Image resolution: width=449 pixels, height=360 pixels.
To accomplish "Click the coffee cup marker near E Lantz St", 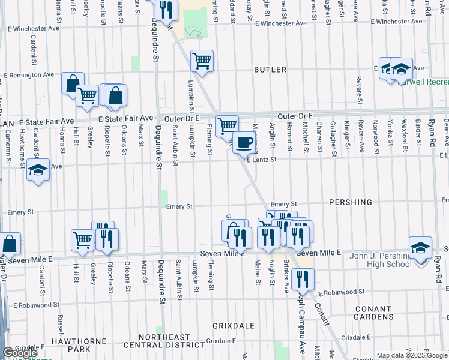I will point(243,143).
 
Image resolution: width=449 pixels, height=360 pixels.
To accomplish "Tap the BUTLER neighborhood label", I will point(270,70).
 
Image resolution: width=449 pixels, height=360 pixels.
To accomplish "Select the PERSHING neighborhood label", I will point(351,202).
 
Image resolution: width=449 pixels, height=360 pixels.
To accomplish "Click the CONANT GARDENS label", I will point(373,313).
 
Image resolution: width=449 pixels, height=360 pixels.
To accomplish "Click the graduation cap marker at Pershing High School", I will point(420,247).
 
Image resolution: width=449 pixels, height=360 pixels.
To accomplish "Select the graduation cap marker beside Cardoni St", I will point(38,170).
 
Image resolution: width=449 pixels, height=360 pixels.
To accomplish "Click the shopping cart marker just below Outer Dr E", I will point(227,126).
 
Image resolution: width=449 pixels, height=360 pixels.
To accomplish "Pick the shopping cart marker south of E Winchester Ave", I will point(202,61).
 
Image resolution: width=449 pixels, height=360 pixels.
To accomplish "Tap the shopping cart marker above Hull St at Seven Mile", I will point(82,240).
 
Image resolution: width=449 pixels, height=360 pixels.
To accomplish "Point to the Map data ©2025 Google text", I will point(411,355).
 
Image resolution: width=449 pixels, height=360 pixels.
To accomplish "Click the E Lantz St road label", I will point(261,160).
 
